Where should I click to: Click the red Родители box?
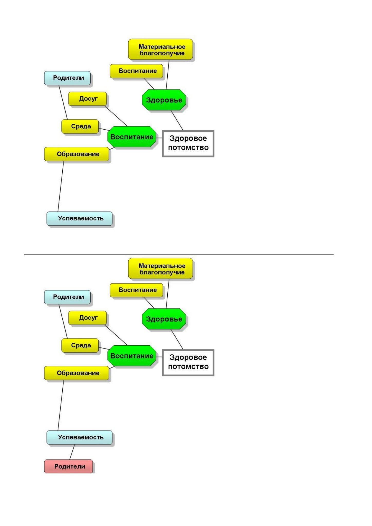click(69, 466)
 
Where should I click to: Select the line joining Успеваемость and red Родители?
click(72, 452)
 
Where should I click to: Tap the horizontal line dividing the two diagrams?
click(179, 255)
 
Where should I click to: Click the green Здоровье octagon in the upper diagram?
click(164, 100)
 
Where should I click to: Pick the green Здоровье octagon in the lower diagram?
click(164, 319)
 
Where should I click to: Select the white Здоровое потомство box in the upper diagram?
click(188, 144)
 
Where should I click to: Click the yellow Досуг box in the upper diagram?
click(88, 99)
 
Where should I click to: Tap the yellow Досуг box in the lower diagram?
click(88, 318)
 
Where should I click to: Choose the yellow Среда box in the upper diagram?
click(80, 126)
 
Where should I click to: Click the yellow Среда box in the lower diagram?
click(80, 345)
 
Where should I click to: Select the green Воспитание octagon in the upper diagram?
click(132, 137)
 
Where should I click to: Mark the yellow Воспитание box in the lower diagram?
click(136, 290)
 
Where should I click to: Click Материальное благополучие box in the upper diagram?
click(160, 49)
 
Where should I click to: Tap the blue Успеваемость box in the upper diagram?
click(79, 219)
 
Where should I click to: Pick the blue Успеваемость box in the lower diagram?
click(79, 437)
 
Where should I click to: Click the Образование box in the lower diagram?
click(77, 373)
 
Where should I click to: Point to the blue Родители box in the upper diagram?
click(68, 78)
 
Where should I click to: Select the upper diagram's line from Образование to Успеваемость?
click(61, 186)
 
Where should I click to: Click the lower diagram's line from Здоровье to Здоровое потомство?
click(177, 339)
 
